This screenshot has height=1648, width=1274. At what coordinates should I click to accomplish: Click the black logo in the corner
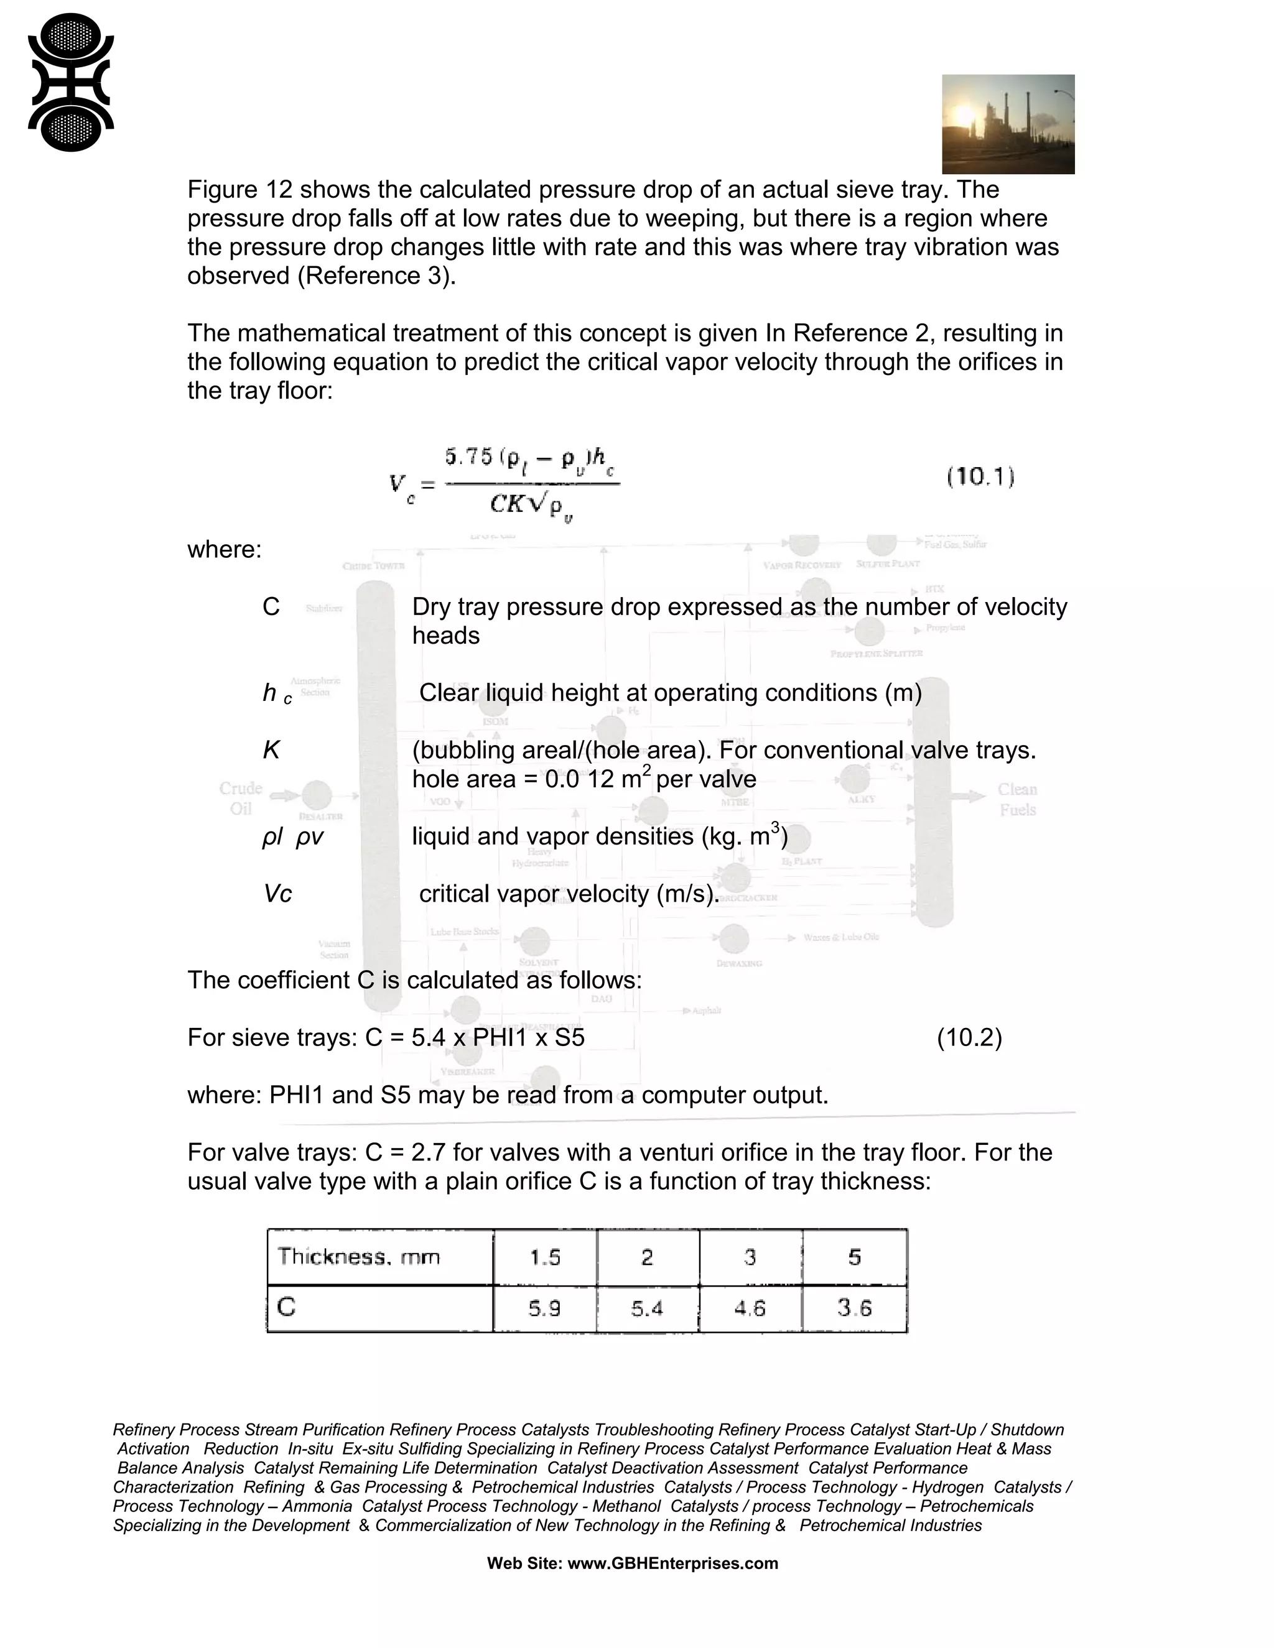[70, 82]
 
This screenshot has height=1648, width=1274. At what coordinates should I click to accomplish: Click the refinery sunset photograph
[1008, 124]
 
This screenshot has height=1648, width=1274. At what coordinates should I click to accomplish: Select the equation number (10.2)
[969, 1037]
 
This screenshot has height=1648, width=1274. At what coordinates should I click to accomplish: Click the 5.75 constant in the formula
[468, 456]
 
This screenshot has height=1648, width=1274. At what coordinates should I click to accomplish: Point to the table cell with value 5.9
[544, 1308]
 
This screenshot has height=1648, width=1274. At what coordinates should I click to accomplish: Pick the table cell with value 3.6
[854, 1308]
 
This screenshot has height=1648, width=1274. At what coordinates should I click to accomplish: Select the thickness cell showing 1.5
[544, 1257]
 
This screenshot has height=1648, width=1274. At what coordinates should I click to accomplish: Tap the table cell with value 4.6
[750, 1308]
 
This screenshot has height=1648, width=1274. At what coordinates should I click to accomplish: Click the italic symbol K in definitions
[271, 750]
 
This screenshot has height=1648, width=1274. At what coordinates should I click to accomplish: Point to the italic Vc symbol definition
[277, 894]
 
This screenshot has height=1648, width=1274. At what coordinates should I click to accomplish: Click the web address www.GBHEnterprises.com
[672, 1563]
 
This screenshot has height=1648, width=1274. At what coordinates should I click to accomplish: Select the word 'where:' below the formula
[224, 549]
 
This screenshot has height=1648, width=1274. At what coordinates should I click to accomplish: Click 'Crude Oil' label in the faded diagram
[241, 799]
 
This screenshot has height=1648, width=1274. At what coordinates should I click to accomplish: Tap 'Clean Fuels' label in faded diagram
[1017, 799]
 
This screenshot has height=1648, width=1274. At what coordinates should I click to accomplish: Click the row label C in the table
[286, 1307]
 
